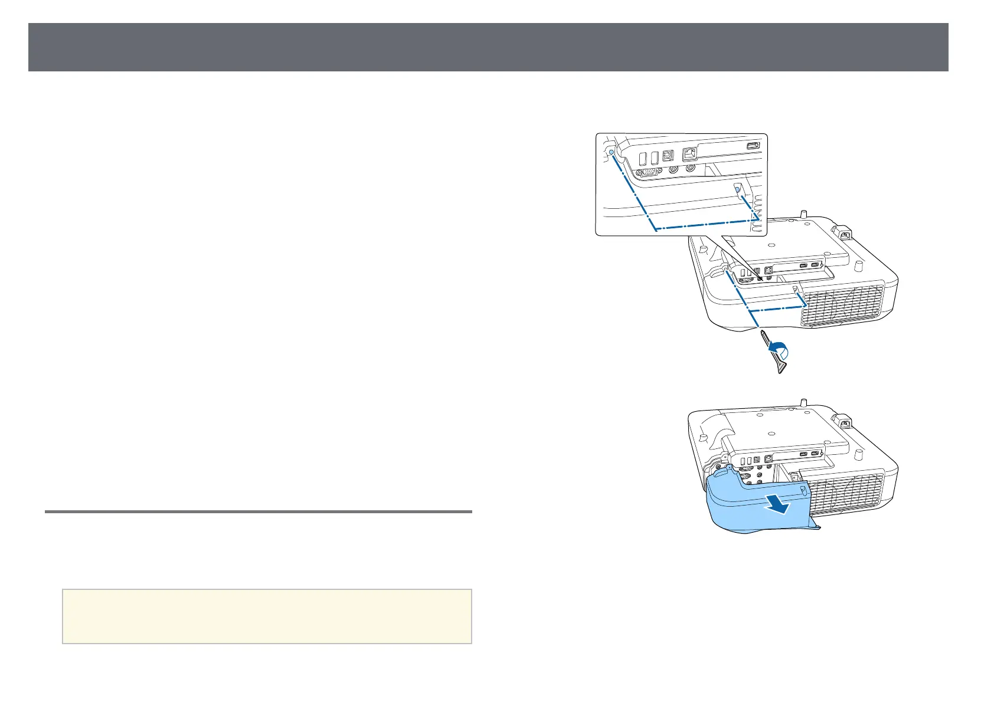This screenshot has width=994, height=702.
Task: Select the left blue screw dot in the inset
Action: pyautogui.click(x=611, y=152)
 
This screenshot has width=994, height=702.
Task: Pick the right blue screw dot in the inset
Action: pyautogui.click(x=736, y=188)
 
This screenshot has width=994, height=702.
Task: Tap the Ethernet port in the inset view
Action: pyautogui.click(x=690, y=155)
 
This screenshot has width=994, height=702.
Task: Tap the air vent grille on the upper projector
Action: pyautogui.click(x=842, y=306)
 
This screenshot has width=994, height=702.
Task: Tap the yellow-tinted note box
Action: pyautogui.click(x=267, y=616)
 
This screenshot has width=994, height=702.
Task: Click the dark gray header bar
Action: pyautogui.click(x=488, y=47)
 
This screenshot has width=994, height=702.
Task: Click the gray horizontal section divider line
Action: pyautogui.click(x=259, y=511)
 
